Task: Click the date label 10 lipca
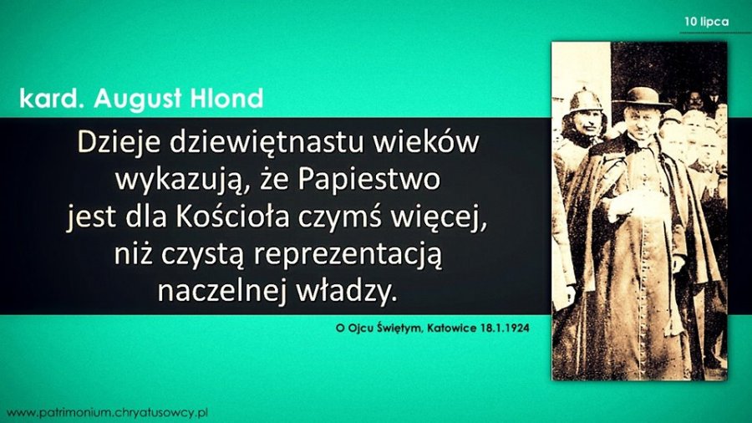[x=706, y=22]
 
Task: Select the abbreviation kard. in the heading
[x=52, y=99]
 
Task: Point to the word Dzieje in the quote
[x=118, y=142]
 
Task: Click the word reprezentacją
[x=348, y=255]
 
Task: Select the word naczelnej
[x=222, y=291]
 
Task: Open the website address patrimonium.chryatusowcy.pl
[x=108, y=412]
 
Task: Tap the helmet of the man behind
[x=586, y=99]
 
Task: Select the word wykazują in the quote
[x=178, y=181]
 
